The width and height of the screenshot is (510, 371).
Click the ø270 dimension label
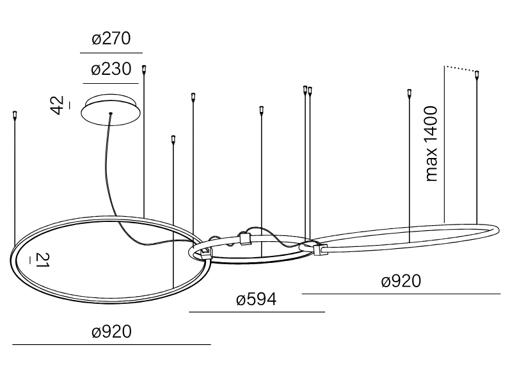[x=111, y=38]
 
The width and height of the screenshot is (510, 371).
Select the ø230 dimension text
[x=111, y=69]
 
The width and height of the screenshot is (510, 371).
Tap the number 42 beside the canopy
[x=57, y=105]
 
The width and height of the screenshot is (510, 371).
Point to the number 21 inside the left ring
[x=42, y=260]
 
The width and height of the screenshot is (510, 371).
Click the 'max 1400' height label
[x=432, y=143]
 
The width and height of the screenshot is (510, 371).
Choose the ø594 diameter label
[x=257, y=299]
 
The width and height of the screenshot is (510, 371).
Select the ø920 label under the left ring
[x=111, y=331]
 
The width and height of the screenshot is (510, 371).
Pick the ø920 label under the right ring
[x=401, y=281]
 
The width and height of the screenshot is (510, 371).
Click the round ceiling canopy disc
[x=111, y=110]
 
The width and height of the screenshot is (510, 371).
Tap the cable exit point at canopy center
[x=111, y=113]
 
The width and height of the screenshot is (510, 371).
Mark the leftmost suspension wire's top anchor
[x=14, y=115]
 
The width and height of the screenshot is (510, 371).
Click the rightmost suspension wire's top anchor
[x=477, y=75]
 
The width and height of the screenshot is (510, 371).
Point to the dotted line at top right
[x=460, y=68]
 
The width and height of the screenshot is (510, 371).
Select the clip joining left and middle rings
[x=206, y=253]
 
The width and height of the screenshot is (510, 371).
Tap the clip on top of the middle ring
[x=244, y=239]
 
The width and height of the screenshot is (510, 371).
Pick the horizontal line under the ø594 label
[x=257, y=312]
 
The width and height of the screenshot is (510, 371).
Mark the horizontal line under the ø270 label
[x=111, y=52]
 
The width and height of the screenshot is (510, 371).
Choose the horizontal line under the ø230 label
[x=111, y=84]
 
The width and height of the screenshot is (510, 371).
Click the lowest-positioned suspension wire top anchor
[x=173, y=139]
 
